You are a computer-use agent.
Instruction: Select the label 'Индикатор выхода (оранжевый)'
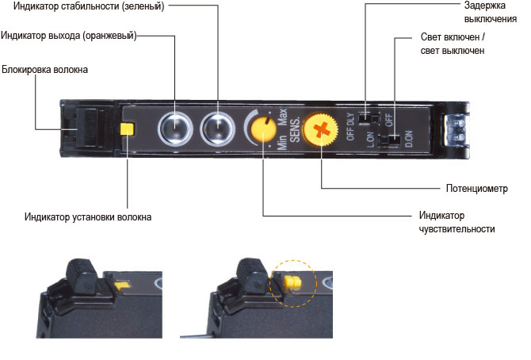(x=69, y=35)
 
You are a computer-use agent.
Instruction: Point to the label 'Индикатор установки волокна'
(x=87, y=216)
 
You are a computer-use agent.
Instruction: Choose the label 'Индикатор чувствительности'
(x=457, y=222)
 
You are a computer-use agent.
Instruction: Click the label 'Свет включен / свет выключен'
(x=451, y=44)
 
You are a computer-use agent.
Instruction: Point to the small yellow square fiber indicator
(x=126, y=129)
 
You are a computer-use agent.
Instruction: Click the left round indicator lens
(x=174, y=128)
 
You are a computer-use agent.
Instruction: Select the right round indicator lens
(x=217, y=128)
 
